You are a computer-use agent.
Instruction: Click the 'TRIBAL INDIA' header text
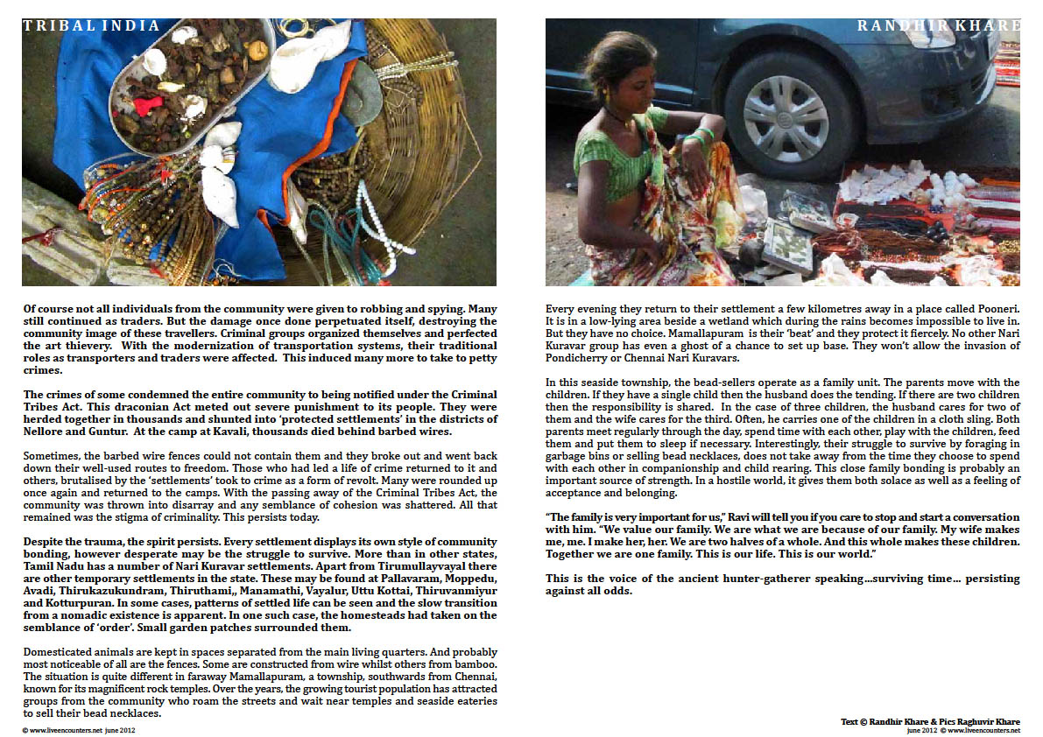point(91,26)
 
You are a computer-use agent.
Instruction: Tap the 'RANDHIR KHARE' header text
point(938,26)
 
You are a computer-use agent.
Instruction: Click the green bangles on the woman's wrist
point(701,137)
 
